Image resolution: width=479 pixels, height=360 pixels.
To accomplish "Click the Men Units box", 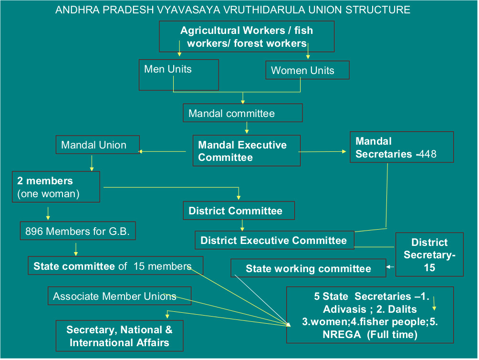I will pos(178,74).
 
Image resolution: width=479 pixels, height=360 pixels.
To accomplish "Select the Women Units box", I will pos(307,70).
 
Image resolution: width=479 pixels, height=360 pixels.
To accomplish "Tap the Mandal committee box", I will pos(242,113).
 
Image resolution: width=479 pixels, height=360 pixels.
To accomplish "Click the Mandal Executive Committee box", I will pos(246,151).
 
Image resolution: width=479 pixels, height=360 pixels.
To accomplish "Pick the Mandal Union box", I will pos(98,145).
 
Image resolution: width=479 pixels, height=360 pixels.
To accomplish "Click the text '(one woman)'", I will pos(48,194).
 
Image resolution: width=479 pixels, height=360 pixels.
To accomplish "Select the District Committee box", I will pos(239,211).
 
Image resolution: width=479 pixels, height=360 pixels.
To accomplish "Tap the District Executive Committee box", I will pos(274,240).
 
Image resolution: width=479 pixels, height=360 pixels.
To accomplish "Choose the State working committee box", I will pos(308,268).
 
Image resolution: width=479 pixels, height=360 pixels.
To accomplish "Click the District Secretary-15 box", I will pos(429,254).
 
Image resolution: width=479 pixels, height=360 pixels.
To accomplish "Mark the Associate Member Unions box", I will pos(119,296).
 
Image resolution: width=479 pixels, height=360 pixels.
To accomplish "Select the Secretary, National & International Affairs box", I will pos(119,336).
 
